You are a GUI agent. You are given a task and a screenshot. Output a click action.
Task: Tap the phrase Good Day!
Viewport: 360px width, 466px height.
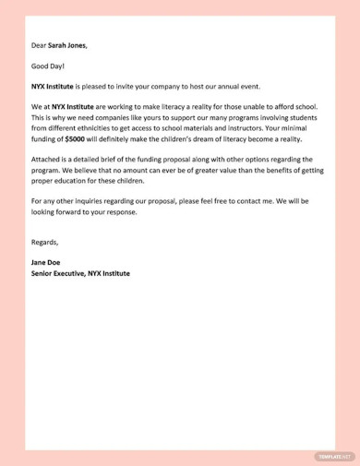tap(48, 66)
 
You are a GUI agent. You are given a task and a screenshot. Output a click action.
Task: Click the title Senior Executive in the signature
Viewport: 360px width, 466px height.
tap(64, 273)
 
